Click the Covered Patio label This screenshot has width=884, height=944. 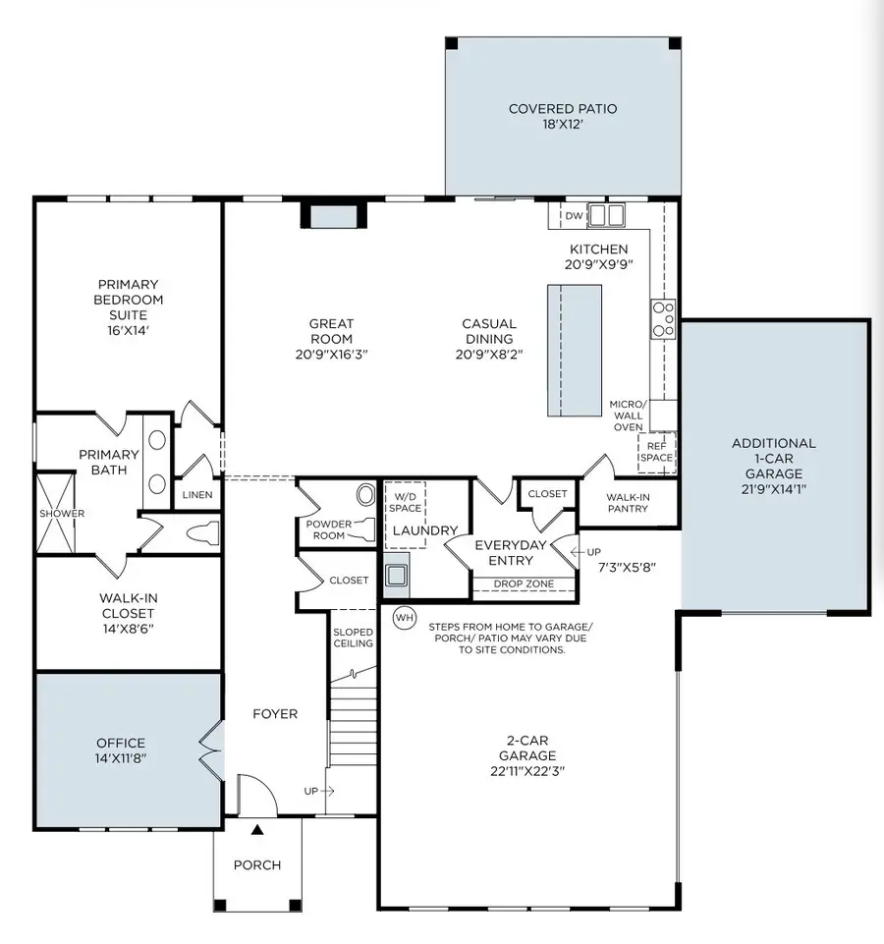pyautogui.click(x=563, y=108)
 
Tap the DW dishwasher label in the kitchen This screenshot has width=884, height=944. pyautogui.click(x=575, y=216)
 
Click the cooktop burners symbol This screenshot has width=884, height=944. pyautogui.click(x=663, y=319)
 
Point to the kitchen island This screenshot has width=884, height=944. pyautogui.click(x=574, y=351)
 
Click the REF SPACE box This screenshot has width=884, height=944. pyautogui.click(x=656, y=451)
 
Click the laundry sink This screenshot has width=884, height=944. pyautogui.click(x=397, y=576)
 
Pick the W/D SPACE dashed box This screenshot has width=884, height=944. pyautogui.click(x=404, y=500)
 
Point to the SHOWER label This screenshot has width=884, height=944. pyautogui.click(x=62, y=514)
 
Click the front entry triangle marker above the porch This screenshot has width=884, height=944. pyautogui.click(x=257, y=830)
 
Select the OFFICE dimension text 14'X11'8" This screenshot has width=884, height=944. pyautogui.click(x=121, y=758)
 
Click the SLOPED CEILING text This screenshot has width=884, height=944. pyautogui.click(x=353, y=638)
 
